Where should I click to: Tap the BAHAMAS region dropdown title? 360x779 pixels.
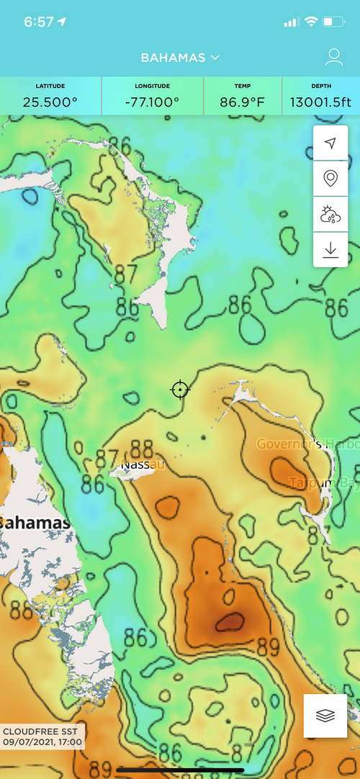[180, 58]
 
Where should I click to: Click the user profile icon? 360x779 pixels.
[333, 58]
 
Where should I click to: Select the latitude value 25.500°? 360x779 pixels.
[50, 102]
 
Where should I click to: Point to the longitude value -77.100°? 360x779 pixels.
[152, 102]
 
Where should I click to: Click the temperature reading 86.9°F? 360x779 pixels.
[243, 102]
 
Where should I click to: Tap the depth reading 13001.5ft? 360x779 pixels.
[320, 102]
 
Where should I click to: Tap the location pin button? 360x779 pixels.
[330, 178]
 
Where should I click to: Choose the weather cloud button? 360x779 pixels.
[330, 214]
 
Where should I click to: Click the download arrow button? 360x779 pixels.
[330, 249]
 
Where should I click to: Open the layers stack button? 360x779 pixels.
[326, 716]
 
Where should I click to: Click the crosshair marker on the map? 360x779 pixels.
[180, 389]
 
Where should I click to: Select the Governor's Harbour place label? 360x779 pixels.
[308, 443]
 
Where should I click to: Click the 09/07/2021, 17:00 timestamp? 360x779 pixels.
[42, 742]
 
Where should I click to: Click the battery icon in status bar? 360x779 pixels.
[333, 22]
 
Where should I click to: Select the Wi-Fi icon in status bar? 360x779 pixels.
[311, 22]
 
